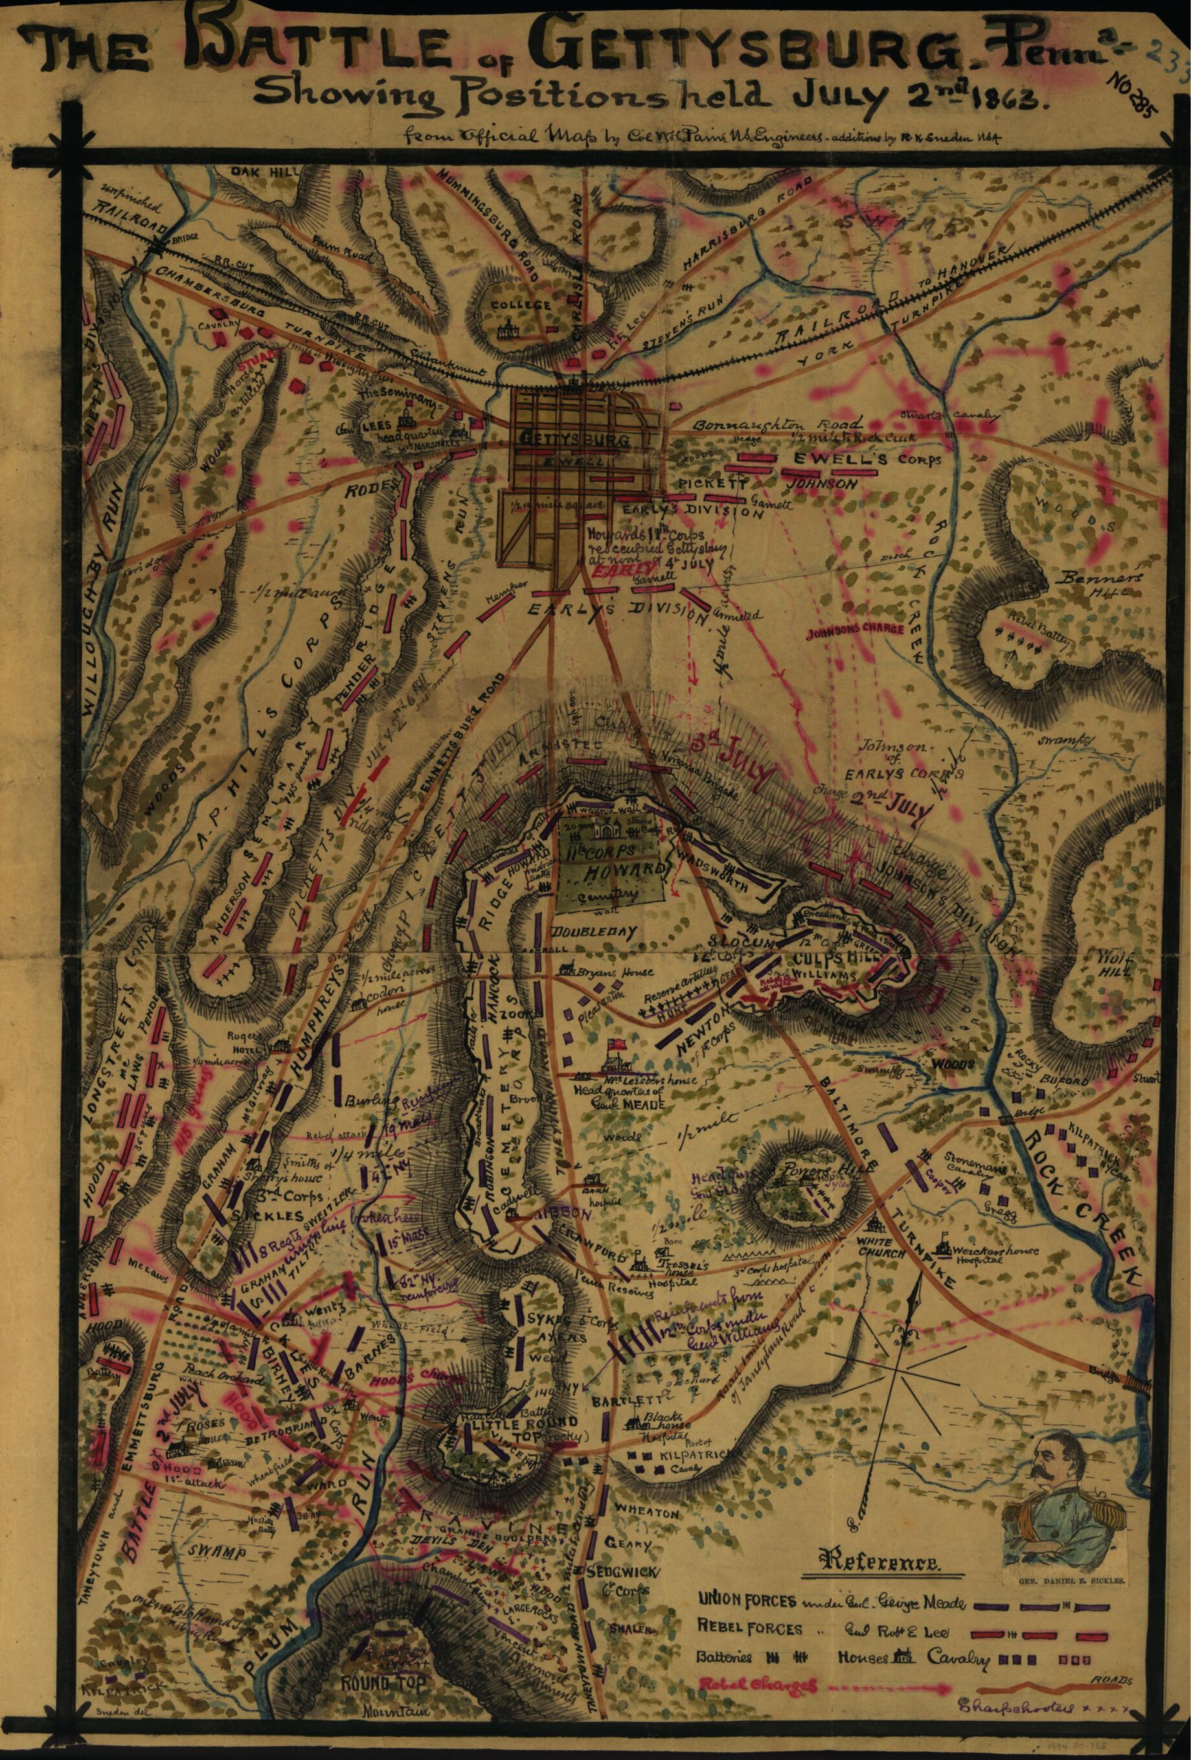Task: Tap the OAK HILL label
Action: click(255, 173)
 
